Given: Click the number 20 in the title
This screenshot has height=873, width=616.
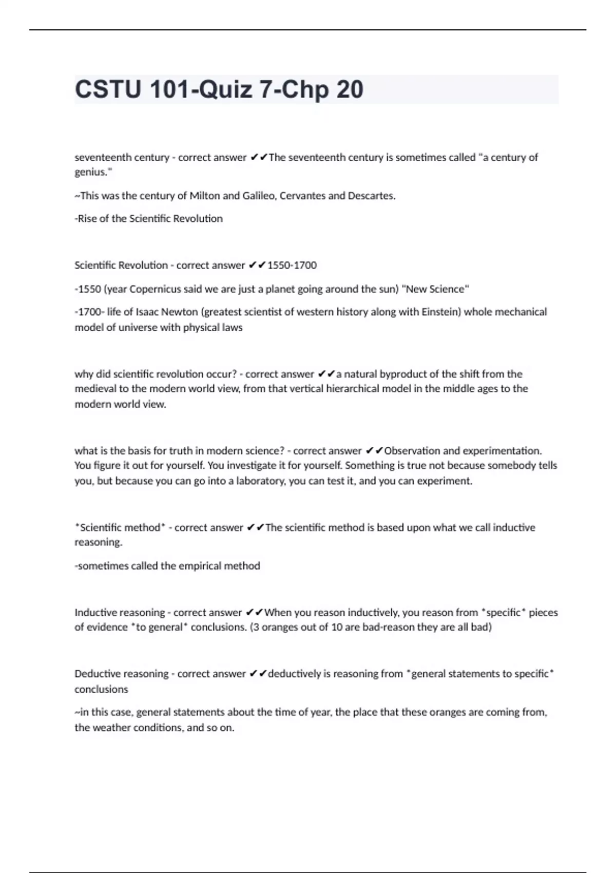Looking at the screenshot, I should [350, 89].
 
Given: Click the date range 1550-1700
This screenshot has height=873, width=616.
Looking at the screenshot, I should [292, 265].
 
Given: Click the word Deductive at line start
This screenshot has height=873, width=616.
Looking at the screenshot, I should [96, 674].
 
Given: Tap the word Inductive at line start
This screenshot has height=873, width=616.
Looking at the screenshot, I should [94, 613].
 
